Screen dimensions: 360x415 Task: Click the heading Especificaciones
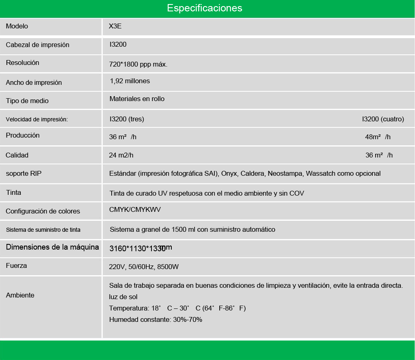coord(204,8)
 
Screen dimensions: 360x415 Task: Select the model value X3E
coord(115,26)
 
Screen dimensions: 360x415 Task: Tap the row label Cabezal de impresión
coord(37,45)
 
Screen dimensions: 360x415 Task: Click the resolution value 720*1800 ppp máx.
coord(138,64)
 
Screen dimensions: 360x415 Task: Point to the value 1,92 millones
coord(130,81)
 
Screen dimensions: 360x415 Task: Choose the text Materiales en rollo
coord(137,99)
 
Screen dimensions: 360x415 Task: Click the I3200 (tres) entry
coord(127,119)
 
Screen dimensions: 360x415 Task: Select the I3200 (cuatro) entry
coord(383,119)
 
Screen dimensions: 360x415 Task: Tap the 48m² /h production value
coord(378,137)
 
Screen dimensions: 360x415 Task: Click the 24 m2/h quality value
coord(121,155)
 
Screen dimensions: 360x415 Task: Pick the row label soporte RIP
coord(24,173)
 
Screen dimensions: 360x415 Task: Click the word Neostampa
coord(284,174)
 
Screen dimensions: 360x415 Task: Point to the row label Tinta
coord(13,192)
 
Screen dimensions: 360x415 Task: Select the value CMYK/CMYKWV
coord(135,209)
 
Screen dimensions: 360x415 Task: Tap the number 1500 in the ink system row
coord(179,230)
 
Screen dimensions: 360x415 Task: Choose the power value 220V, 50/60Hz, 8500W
coord(144,267)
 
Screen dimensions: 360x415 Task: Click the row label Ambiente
coord(20,295)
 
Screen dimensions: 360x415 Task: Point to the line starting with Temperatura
coord(177,308)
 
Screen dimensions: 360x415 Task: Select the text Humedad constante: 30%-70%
coord(156,320)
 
